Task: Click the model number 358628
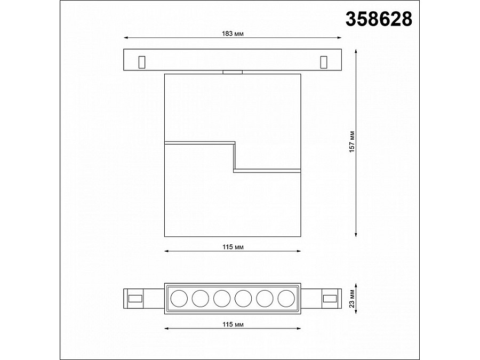click(x=379, y=19)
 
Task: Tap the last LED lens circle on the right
click(x=286, y=297)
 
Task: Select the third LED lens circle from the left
click(x=221, y=297)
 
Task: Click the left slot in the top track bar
click(x=141, y=62)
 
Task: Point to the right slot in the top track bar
click(x=323, y=62)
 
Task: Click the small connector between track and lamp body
click(x=233, y=72)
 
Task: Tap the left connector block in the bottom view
click(x=135, y=297)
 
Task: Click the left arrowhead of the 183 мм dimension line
click(x=126, y=38)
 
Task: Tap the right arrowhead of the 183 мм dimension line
click(x=339, y=38)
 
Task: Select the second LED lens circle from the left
click(x=200, y=297)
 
